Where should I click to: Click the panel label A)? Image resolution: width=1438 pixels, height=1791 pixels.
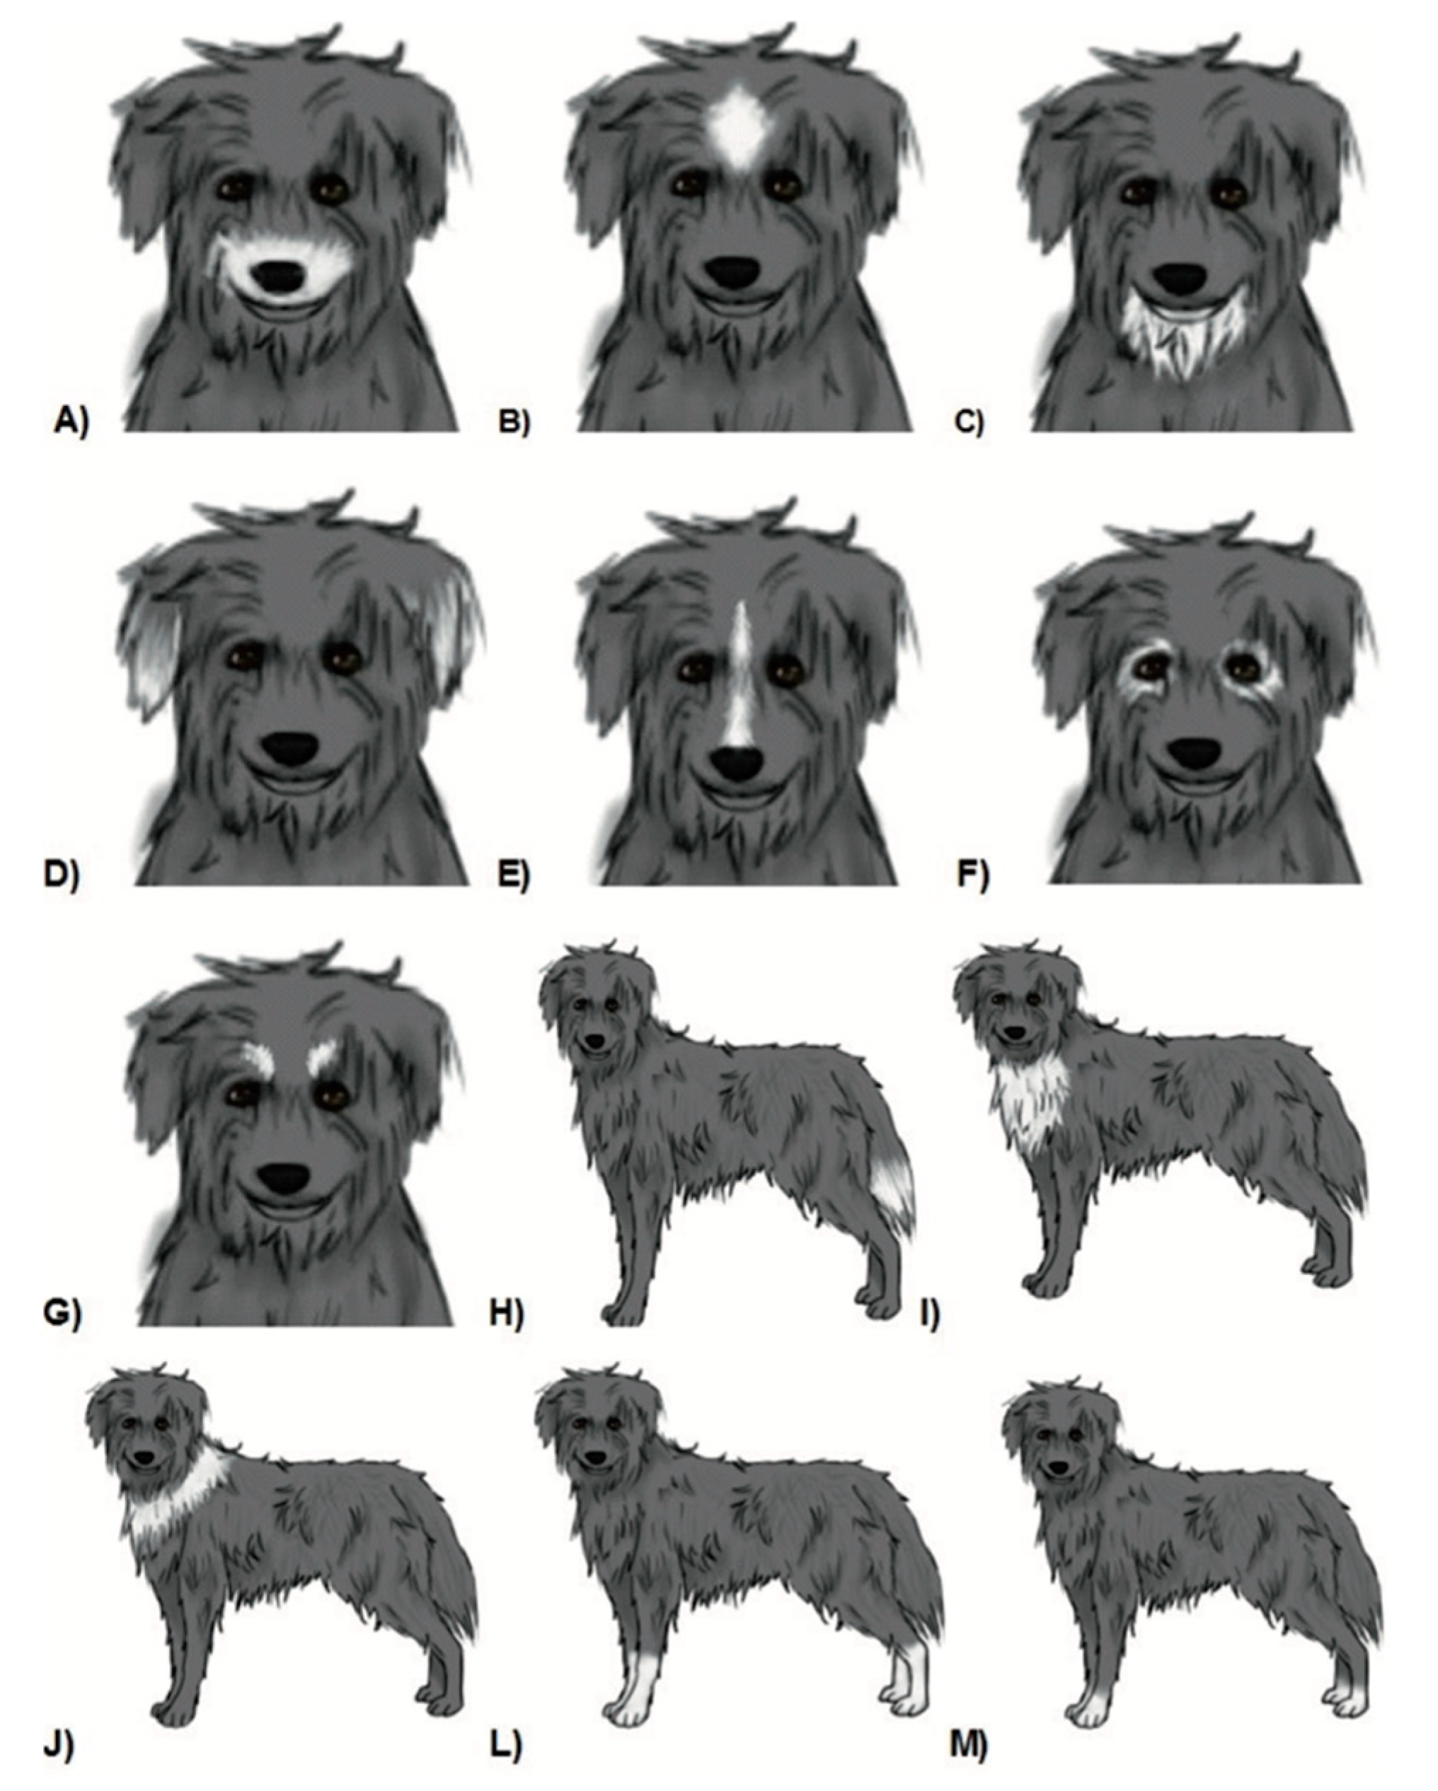click(x=70, y=424)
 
